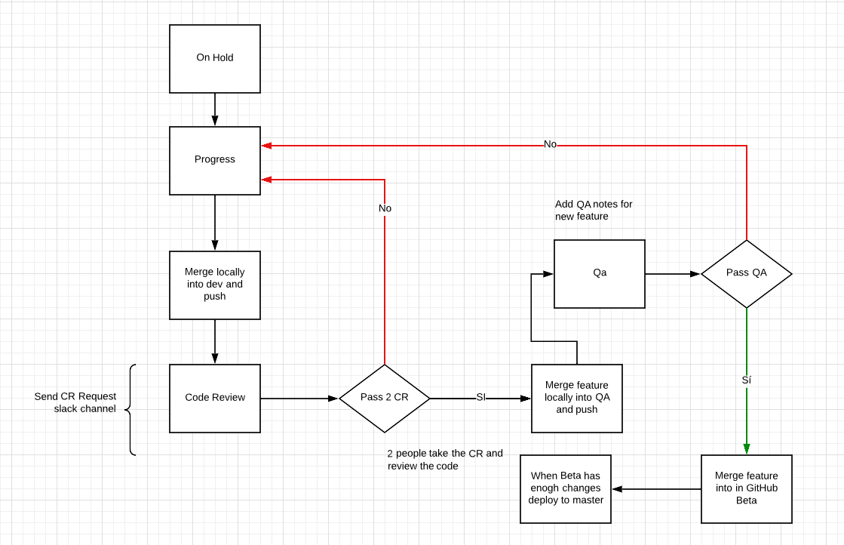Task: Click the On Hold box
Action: click(x=215, y=59)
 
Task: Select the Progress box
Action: click(x=215, y=160)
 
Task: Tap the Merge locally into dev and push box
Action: click(x=215, y=285)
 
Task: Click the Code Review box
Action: click(x=215, y=398)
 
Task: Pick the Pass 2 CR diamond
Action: click(x=385, y=398)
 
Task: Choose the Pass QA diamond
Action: click(x=746, y=273)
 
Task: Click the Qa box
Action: click(x=600, y=273)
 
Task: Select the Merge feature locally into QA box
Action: click(x=577, y=398)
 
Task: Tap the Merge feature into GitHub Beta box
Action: click(x=746, y=488)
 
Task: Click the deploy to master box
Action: click(x=566, y=488)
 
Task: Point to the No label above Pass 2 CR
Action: click(x=385, y=208)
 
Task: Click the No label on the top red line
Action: click(x=550, y=144)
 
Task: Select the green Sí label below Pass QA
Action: click(x=746, y=380)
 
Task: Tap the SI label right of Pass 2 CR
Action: click(x=480, y=398)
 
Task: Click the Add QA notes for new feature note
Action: click(x=594, y=210)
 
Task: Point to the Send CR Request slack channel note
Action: click(x=75, y=402)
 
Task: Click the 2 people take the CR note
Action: click(x=445, y=460)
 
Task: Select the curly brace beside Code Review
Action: click(x=130, y=410)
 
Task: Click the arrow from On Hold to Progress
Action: click(x=215, y=109)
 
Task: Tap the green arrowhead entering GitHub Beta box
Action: click(x=746, y=448)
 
